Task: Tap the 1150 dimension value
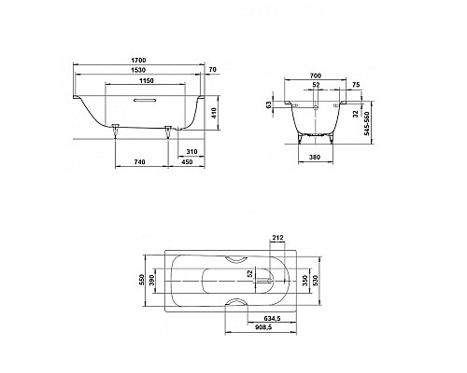click(141, 82)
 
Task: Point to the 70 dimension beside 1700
click(212, 70)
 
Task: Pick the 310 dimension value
click(191, 151)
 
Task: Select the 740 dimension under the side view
click(141, 164)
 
